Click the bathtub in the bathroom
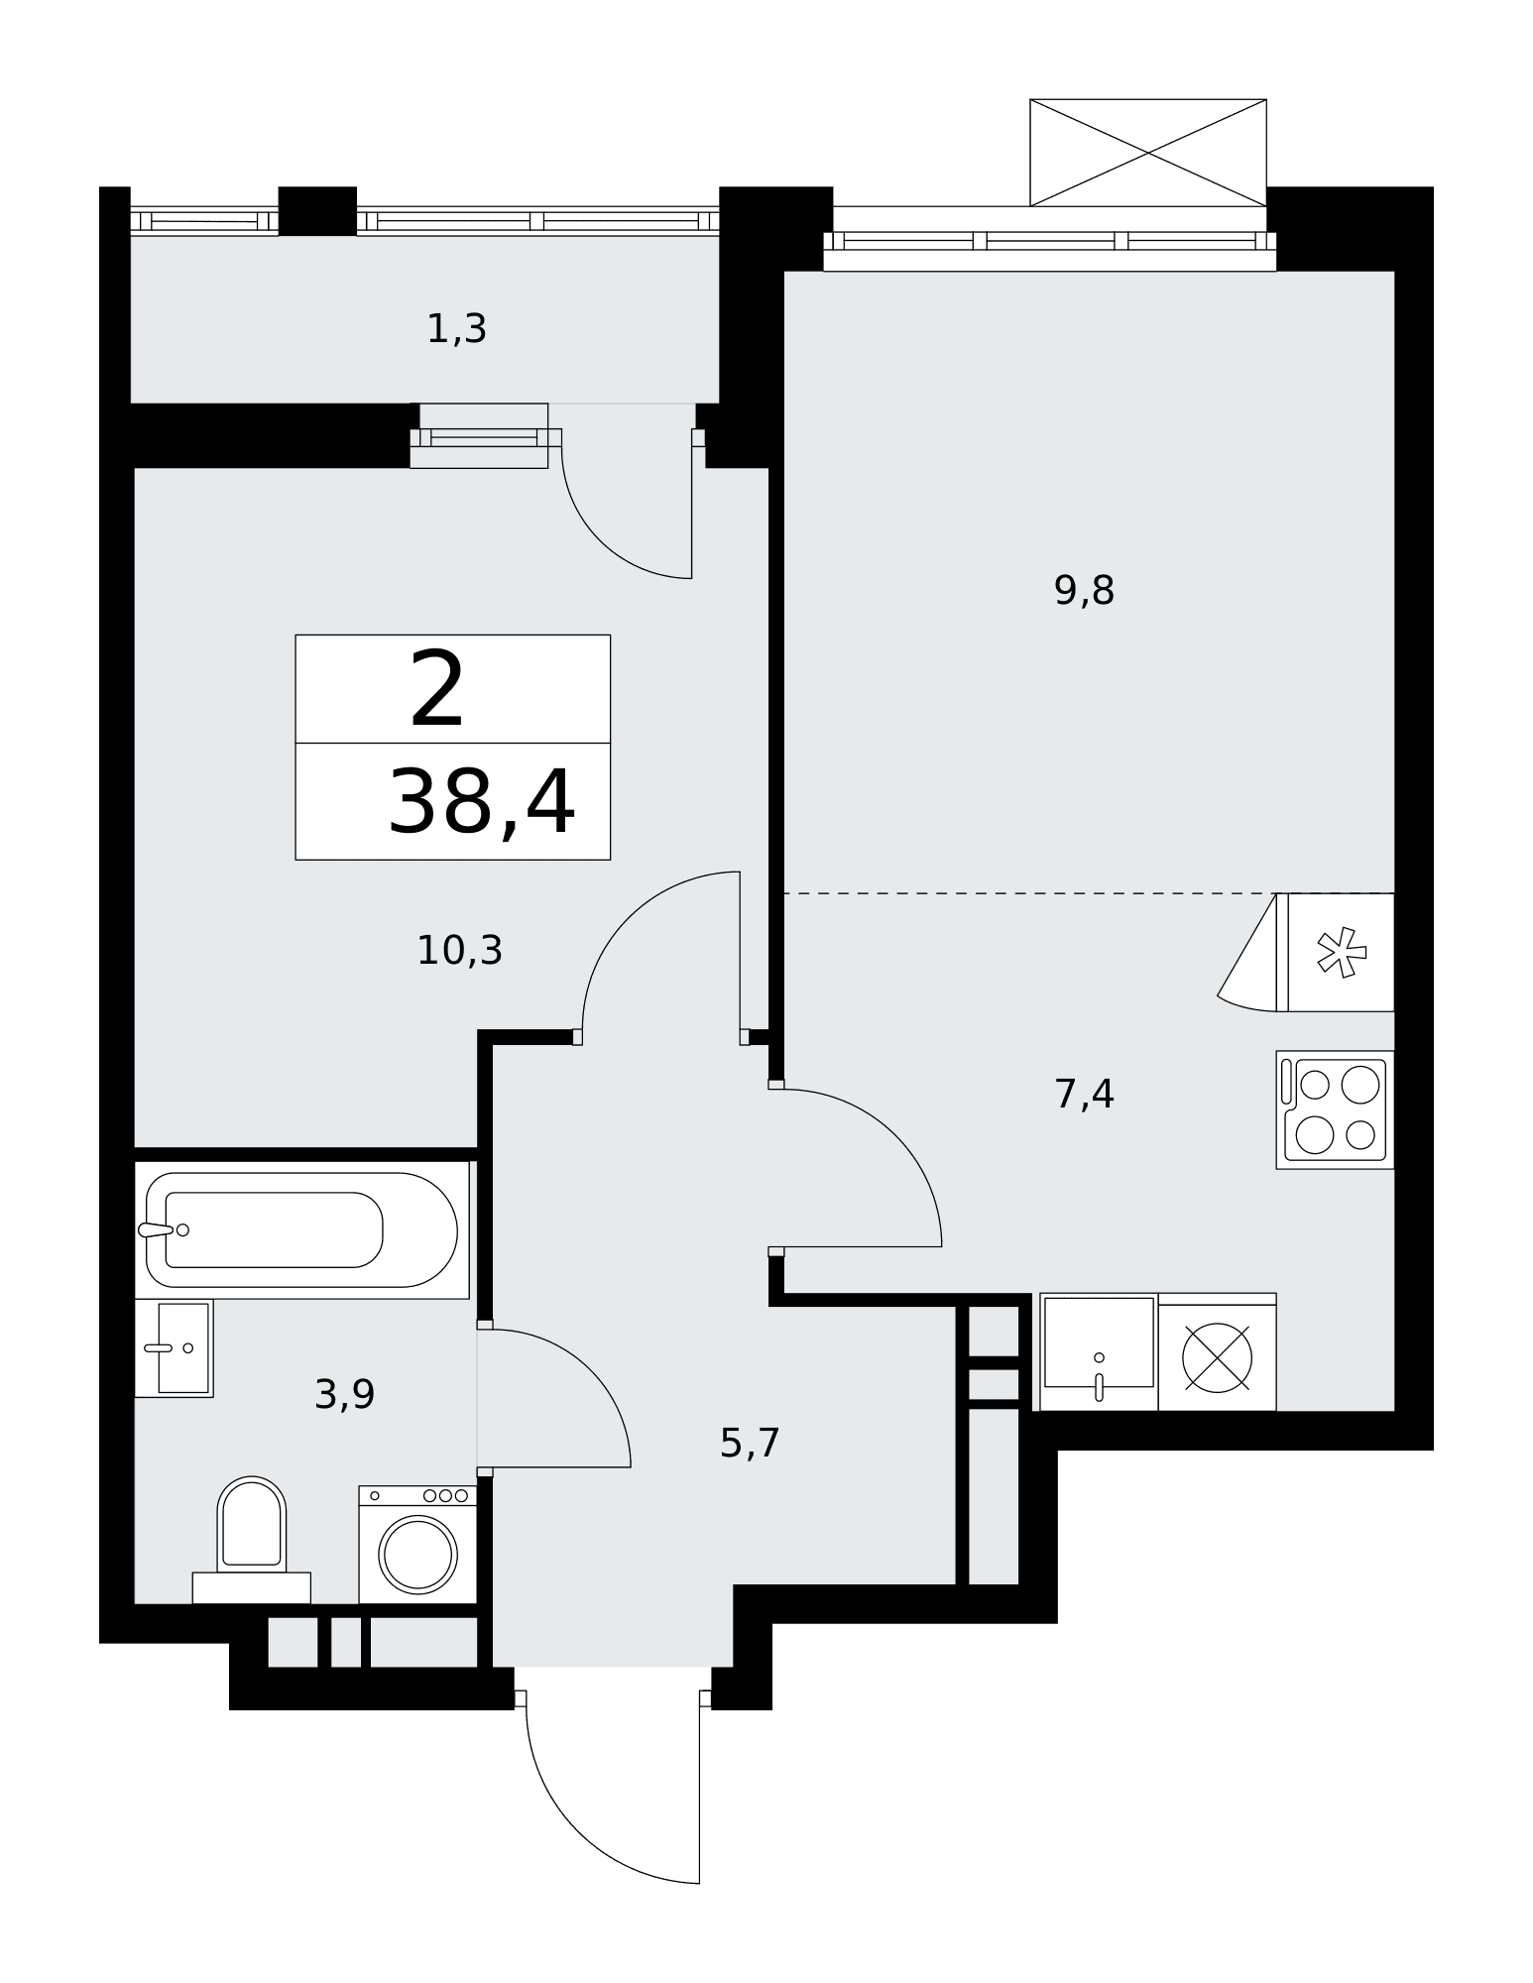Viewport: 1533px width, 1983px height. tap(301, 1229)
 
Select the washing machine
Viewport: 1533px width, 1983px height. tap(417, 1544)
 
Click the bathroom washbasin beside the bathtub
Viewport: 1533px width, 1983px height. tap(175, 1348)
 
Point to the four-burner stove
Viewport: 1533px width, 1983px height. tap(1335, 1109)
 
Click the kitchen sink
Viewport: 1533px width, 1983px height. tap(1099, 1351)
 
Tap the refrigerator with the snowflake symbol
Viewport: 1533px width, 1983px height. tap(1335, 952)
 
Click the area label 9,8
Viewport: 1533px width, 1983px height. tap(1084, 591)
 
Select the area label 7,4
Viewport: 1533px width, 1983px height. tap(1084, 1095)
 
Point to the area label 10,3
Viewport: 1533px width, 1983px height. tap(459, 951)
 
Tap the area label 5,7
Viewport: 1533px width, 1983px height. tap(750, 1443)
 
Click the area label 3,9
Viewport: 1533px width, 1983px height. tap(344, 1395)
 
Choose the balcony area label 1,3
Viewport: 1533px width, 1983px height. tap(456, 328)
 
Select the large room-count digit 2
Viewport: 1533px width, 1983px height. tap(436, 688)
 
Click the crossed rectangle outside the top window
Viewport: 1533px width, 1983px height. tap(1148, 153)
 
